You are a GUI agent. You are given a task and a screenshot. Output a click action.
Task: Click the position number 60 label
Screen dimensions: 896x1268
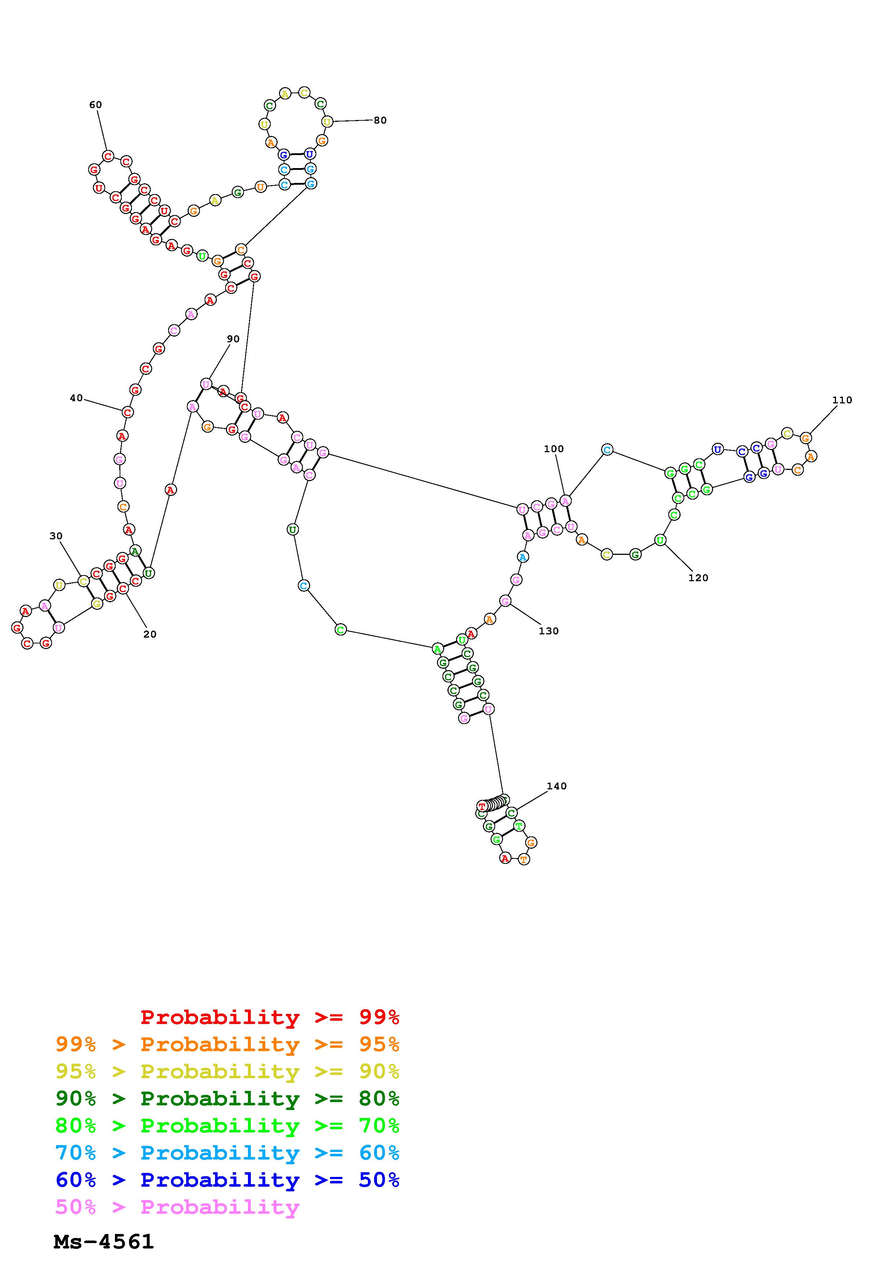95,105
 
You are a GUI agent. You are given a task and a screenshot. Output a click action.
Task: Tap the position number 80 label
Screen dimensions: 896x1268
380,120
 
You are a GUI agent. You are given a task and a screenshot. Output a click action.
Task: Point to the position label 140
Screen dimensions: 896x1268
557,786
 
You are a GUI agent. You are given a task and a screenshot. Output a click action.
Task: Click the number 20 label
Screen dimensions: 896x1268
150,634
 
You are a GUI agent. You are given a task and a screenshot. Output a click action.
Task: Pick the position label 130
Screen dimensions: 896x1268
549,631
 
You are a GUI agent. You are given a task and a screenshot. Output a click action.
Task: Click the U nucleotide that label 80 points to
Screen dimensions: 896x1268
327,121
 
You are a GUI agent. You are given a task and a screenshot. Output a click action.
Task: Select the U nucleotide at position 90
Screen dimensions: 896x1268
206,384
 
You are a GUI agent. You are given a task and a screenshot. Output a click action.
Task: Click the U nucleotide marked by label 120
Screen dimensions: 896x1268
660,540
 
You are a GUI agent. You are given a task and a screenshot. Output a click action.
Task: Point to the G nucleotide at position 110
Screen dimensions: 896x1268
806,438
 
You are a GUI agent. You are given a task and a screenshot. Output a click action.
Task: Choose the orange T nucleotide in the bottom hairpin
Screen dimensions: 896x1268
523,859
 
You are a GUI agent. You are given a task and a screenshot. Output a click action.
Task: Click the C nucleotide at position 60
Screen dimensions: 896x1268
108,156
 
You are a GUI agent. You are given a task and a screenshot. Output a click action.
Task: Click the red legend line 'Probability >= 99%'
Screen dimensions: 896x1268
269,1017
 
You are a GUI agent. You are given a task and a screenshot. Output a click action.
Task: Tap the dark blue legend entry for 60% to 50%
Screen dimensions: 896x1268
227,1180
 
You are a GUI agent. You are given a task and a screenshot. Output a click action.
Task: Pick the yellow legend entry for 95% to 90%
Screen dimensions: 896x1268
227,1071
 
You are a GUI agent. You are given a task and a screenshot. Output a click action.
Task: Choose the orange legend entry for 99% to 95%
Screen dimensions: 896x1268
227,1044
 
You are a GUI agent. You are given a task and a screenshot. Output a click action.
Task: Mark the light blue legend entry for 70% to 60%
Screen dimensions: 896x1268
227,1153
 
